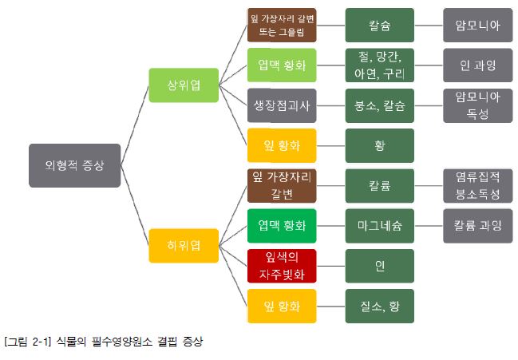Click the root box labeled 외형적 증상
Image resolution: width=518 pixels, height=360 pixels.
click(74, 165)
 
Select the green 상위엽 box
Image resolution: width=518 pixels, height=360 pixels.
click(184, 85)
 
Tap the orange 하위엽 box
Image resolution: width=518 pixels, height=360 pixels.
click(184, 245)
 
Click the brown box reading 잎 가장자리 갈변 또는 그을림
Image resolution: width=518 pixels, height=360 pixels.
click(283, 26)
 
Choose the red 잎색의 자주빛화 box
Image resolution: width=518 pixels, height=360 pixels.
click(283, 266)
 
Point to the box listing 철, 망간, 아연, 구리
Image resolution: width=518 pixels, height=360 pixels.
click(379, 65)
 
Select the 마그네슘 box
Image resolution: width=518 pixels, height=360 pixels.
click(379, 226)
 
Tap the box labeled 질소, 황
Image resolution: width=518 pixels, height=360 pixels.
click(379, 306)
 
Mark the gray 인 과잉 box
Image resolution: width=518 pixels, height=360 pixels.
click(477, 65)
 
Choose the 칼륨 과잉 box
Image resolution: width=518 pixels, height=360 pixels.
click(477, 226)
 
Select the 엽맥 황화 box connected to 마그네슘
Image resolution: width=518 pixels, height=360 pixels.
click(283, 226)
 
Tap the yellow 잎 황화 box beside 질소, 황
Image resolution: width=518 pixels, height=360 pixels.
click(283, 306)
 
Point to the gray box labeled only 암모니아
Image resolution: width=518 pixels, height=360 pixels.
click(477, 26)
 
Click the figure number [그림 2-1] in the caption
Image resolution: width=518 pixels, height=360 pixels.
click(26, 343)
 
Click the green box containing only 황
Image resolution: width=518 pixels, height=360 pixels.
click(379, 146)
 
